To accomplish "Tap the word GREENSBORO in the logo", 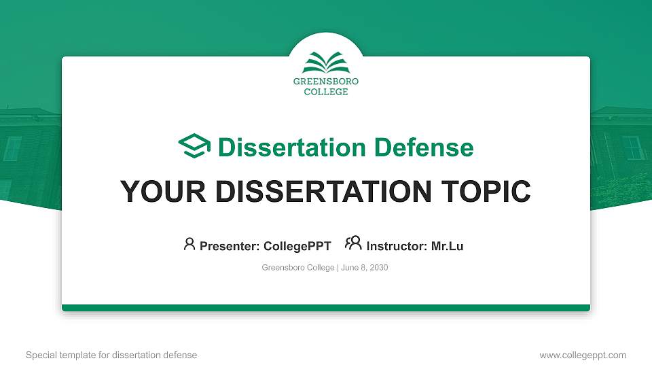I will click(x=326, y=82).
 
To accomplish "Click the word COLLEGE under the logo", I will click(x=326, y=92).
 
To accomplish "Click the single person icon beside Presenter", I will click(x=189, y=244).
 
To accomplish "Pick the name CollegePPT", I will click(x=297, y=246).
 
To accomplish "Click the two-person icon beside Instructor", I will click(x=353, y=243).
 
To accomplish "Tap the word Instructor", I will click(x=397, y=246).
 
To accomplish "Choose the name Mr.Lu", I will click(x=447, y=246).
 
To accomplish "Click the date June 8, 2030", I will click(x=364, y=268).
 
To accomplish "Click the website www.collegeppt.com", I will click(x=583, y=355).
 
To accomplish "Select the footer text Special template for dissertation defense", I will click(x=111, y=355).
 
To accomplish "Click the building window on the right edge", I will click(x=632, y=147).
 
